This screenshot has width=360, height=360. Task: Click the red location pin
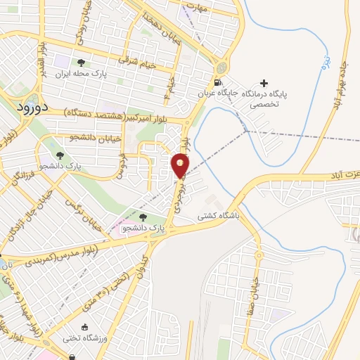181,166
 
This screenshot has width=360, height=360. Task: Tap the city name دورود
31,107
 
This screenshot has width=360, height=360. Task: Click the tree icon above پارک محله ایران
86,62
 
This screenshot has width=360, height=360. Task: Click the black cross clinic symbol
264,84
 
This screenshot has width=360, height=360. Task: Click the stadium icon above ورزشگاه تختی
86,328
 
